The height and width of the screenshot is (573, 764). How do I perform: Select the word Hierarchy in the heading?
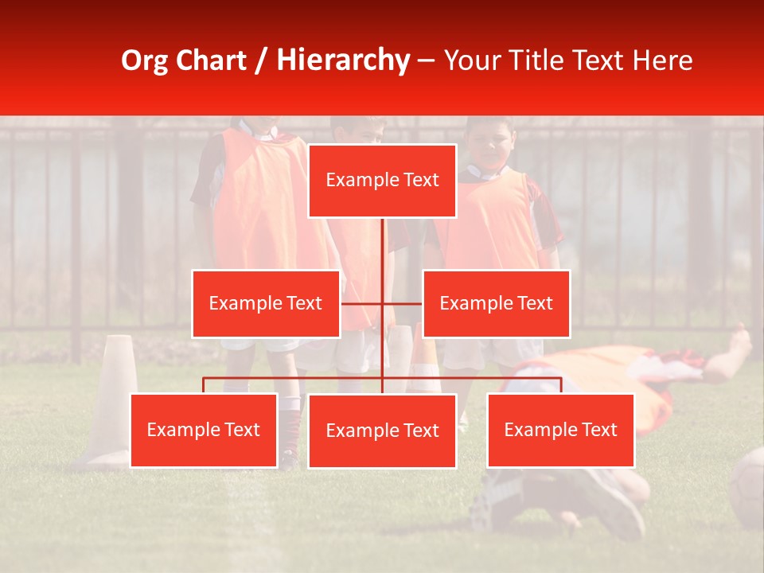pos(343,60)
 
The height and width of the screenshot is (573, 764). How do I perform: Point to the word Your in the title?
pos(470,60)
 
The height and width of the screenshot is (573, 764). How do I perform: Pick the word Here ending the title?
pos(662,60)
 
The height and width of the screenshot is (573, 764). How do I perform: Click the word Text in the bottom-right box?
pos(599,430)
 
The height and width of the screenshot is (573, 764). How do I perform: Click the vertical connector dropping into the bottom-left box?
pos(204,385)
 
